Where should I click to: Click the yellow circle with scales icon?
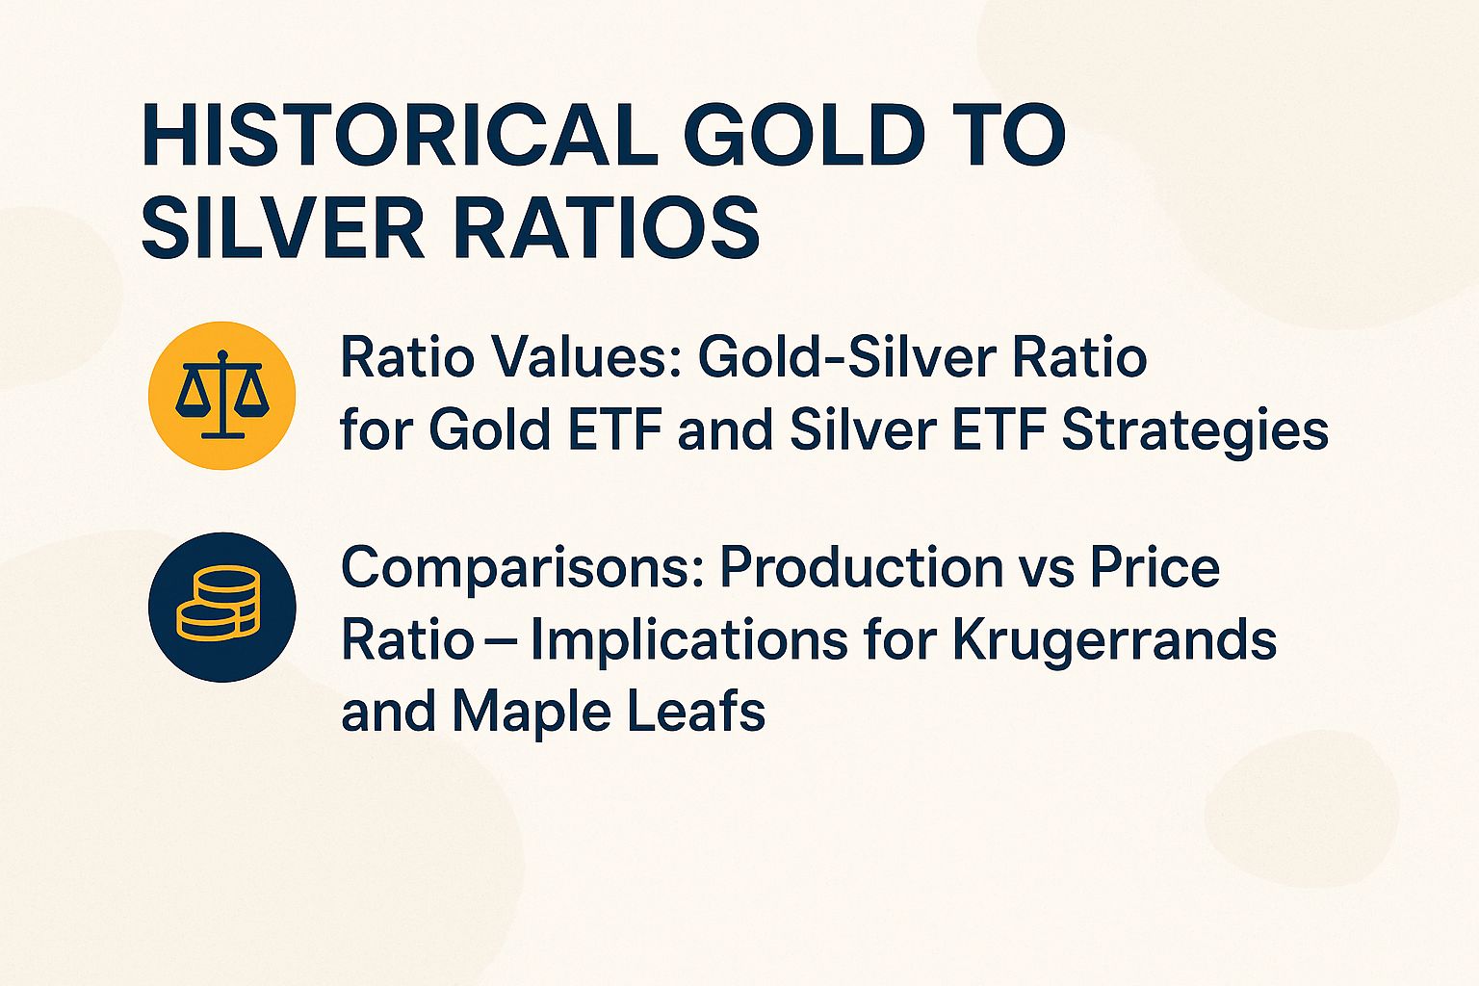[222, 396]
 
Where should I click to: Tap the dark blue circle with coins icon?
[222, 607]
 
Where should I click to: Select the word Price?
[1155, 568]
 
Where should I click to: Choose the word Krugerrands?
[1114, 640]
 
